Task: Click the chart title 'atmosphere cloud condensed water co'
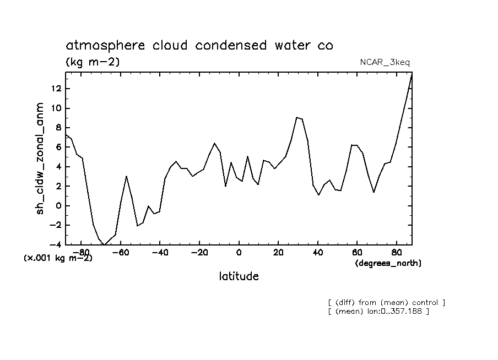pos(199,46)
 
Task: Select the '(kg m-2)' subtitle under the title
pos(92,62)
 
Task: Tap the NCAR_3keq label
pos(384,63)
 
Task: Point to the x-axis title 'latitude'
pos(239,276)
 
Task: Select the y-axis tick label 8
pos(56,128)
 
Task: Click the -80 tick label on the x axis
pos(80,253)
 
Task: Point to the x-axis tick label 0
pos(239,253)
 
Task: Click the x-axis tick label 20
pos(278,253)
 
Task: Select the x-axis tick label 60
pos(356,253)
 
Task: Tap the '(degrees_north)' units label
pos(388,263)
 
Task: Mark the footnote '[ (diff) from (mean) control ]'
pos(386,302)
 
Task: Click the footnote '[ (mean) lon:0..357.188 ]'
pos(378,312)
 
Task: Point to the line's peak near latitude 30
pos(297,117)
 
